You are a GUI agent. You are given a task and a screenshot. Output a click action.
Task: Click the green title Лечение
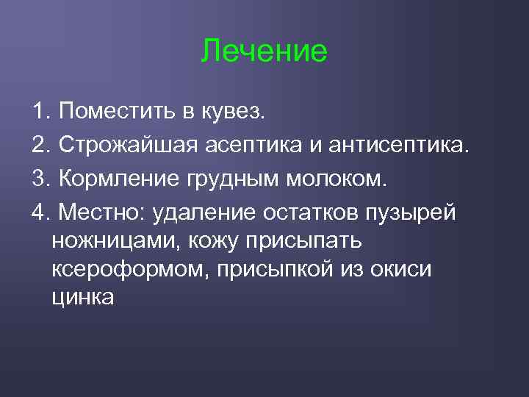[264, 51]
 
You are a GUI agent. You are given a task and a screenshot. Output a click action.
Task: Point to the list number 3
[40, 179]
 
